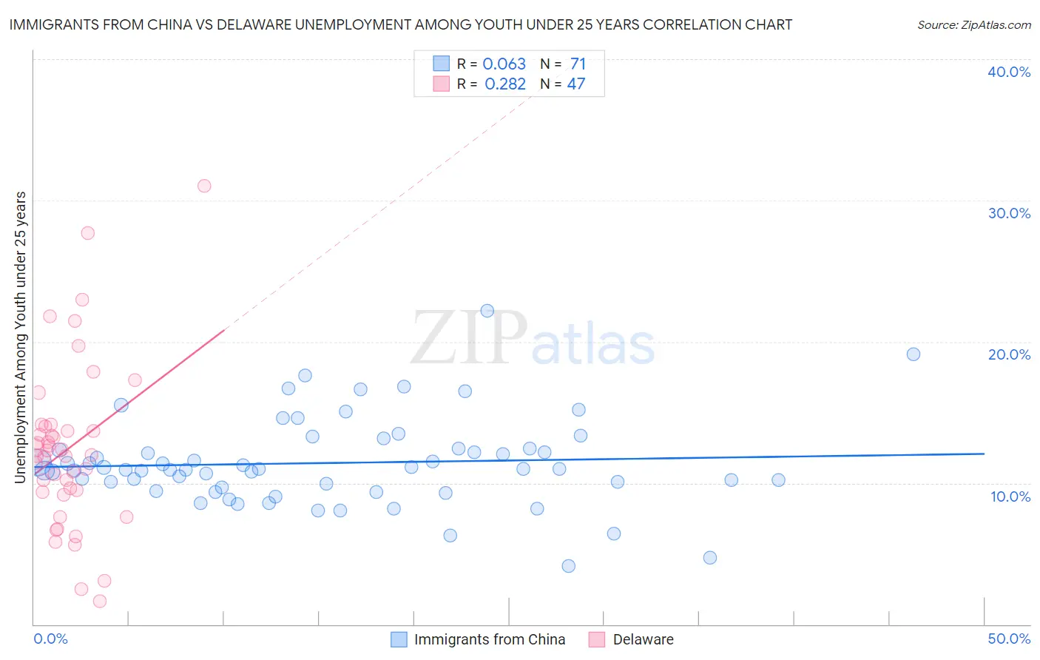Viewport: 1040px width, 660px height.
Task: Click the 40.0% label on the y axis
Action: tap(1009, 72)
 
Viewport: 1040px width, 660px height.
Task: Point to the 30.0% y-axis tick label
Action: tap(1009, 213)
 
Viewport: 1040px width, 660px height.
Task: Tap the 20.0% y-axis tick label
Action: tap(1009, 354)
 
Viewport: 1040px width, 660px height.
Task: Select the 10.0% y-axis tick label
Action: tap(1010, 496)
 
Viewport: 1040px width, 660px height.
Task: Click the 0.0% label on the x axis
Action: tap(50, 639)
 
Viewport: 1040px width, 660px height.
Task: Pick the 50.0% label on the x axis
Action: tap(1009, 639)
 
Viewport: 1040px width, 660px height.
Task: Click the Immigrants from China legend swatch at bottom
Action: tap(399, 639)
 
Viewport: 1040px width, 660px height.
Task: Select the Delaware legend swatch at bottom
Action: tap(597, 639)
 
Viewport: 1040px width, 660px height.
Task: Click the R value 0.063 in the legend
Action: tap(504, 64)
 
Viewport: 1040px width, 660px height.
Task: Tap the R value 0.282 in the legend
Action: tap(505, 84)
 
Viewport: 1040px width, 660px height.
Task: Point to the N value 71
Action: tap(578, 64)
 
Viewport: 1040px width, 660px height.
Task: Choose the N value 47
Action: tap(575, 84)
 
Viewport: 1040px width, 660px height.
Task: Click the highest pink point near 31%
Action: tap(204, 186)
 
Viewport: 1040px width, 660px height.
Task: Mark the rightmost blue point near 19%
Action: tap(914, 354)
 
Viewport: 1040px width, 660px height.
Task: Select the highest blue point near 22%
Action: tap(487, 311)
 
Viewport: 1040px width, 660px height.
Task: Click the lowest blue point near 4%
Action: tap(568, 566)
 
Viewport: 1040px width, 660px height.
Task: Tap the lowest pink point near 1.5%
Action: tap(100, 601)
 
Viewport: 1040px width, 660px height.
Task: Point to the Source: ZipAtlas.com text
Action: tap(973, 24)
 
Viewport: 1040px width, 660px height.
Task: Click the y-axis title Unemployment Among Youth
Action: tap(20, 337)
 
